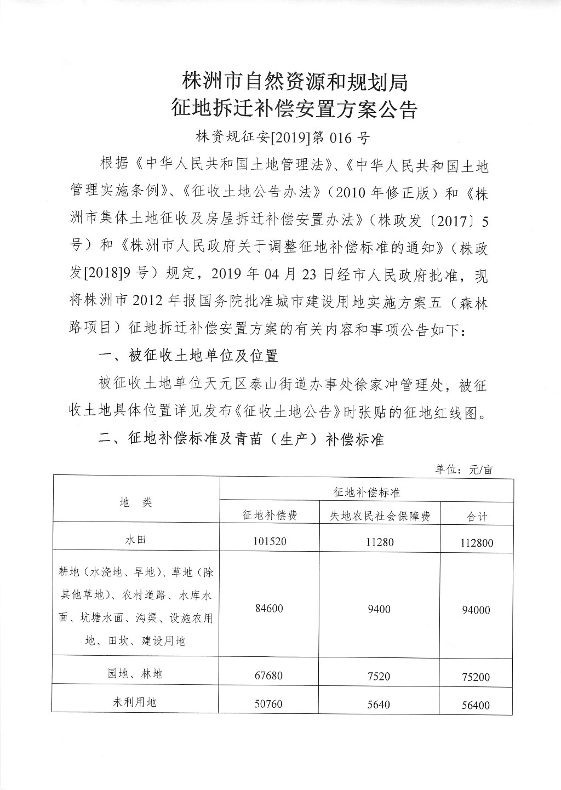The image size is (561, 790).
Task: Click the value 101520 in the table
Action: click(270, 542)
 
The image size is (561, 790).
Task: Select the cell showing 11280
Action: click(379, 542)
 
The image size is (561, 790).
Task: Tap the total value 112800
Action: click(474, 543)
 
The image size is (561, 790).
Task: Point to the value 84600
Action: click(269, 608)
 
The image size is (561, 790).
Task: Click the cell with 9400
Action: click(379, 609)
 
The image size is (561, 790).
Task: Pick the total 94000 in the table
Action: click(475, 610)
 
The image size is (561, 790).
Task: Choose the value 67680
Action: click(269, 675)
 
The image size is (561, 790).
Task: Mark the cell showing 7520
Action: click(379, 676)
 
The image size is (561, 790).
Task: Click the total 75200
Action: click(475, 677)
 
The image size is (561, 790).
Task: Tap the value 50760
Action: click(269, 703)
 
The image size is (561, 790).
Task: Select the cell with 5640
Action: click(379, 704)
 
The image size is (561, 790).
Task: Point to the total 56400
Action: click(475, 705)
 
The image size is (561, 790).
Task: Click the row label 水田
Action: click(135, 540)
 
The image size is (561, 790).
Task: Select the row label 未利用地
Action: click(135, 702)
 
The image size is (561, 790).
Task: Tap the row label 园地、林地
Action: click(135, 673)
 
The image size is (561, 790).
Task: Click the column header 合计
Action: click(474, 516)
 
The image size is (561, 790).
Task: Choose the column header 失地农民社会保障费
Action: click(379, 516)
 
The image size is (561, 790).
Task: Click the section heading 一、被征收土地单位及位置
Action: click(188, 356)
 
